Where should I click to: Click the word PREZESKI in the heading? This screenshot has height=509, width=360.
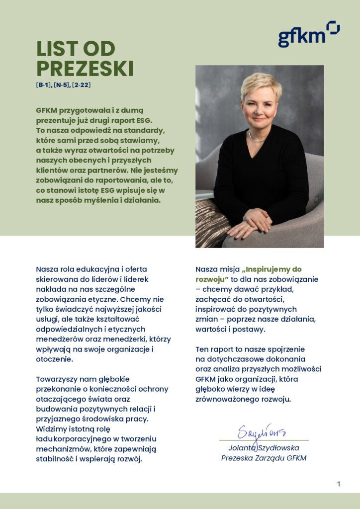85,69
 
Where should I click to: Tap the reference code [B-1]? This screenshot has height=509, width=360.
43,85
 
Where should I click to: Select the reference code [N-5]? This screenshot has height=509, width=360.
62,85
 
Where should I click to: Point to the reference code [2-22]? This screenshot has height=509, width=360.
81,85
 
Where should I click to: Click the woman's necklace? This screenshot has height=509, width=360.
257,138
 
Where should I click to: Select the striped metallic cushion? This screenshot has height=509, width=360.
211,224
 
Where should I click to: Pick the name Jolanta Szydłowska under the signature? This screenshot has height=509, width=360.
264,448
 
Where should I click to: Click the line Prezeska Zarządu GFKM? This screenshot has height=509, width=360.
264,458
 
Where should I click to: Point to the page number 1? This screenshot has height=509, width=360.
339,484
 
